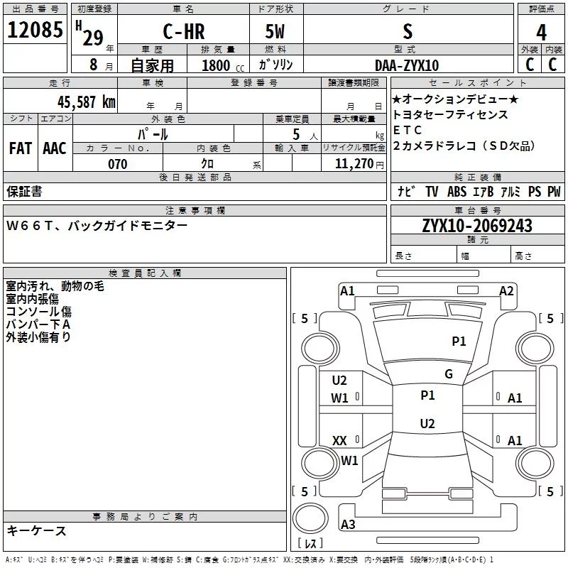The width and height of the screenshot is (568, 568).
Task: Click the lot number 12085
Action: [35, 29]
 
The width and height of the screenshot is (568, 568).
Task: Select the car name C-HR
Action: [184, 31]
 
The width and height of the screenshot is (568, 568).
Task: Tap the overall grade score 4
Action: [541, 32]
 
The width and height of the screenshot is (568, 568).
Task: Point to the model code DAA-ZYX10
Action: [407, 65]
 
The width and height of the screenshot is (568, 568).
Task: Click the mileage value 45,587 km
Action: [87, 102]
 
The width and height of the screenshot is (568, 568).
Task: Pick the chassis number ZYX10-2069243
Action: [477, 226]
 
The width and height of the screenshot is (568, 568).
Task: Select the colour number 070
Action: [118, 164]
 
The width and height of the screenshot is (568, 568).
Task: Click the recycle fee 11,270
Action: [354, 164]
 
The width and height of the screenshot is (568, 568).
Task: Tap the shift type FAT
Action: [21, 148]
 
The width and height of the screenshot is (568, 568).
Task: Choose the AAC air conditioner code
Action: [55, 148]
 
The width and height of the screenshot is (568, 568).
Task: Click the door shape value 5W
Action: [275, 31]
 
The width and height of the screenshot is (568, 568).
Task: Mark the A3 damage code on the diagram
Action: [348, 524]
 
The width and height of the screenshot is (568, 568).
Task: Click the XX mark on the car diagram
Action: [339, 440]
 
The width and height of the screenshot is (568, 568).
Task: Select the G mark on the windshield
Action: [449, 373]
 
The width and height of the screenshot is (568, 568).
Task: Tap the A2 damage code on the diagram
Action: [506, 291]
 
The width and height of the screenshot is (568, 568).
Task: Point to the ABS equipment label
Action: [457, 191]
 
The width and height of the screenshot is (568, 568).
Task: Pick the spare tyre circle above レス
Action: [310, 518]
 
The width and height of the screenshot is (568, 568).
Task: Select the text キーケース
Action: [36, 530]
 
